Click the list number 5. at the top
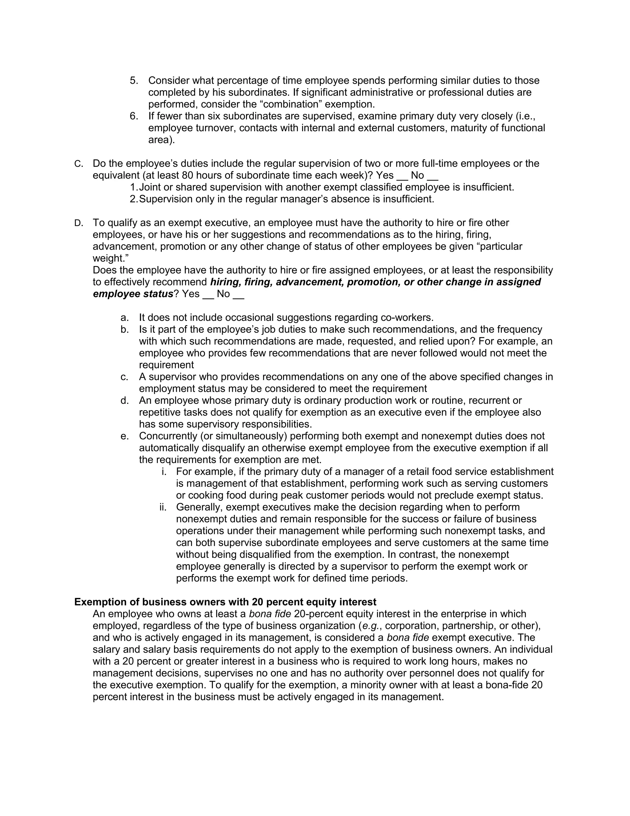coord(134,81)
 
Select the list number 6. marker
coord(134,116)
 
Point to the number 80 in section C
coord(187,176)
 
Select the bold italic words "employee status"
coord(133,294)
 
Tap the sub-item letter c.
coord(124,377)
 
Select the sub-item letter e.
coord(124,436)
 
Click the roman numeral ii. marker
coord(163,507)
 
